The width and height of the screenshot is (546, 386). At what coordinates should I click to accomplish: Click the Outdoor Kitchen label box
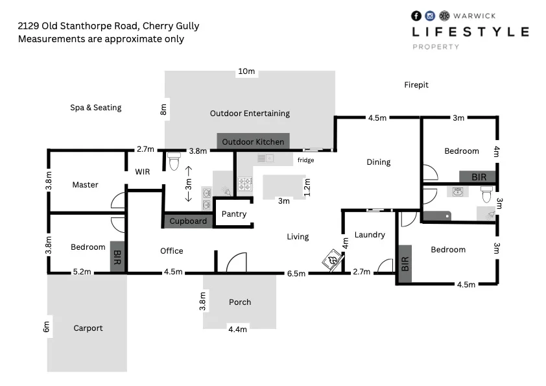click(253, 141)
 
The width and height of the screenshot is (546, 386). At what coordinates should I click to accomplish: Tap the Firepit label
click(416, 85)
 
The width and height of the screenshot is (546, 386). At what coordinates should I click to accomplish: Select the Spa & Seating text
click(96, 108)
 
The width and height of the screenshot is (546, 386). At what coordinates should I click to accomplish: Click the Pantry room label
click(234, 214)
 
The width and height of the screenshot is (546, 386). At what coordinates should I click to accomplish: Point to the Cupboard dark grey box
click(188, 221)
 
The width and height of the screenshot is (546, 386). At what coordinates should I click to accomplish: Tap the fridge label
click(305, 160)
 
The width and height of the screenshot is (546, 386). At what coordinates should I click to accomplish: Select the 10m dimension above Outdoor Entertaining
click(246, 71)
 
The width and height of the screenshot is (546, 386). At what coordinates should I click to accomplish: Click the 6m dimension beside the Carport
click(46, 328)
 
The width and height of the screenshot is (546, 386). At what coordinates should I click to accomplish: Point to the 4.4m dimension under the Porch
click(237, 330)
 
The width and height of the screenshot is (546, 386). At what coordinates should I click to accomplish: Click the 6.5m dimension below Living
click(296, 274)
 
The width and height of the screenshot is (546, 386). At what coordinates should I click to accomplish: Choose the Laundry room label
click(370, 235)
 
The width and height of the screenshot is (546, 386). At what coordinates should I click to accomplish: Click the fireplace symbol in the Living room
click(331, 259)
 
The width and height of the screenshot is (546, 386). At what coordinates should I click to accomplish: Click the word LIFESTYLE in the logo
click(470, 32)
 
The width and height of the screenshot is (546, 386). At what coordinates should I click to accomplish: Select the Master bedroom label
click(85, 185)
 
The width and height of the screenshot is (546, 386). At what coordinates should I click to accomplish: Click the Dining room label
click(379, 162)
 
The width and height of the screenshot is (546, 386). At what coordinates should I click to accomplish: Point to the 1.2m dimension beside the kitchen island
click(307, 187)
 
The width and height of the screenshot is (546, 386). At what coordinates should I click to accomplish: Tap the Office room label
click(172, 251)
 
